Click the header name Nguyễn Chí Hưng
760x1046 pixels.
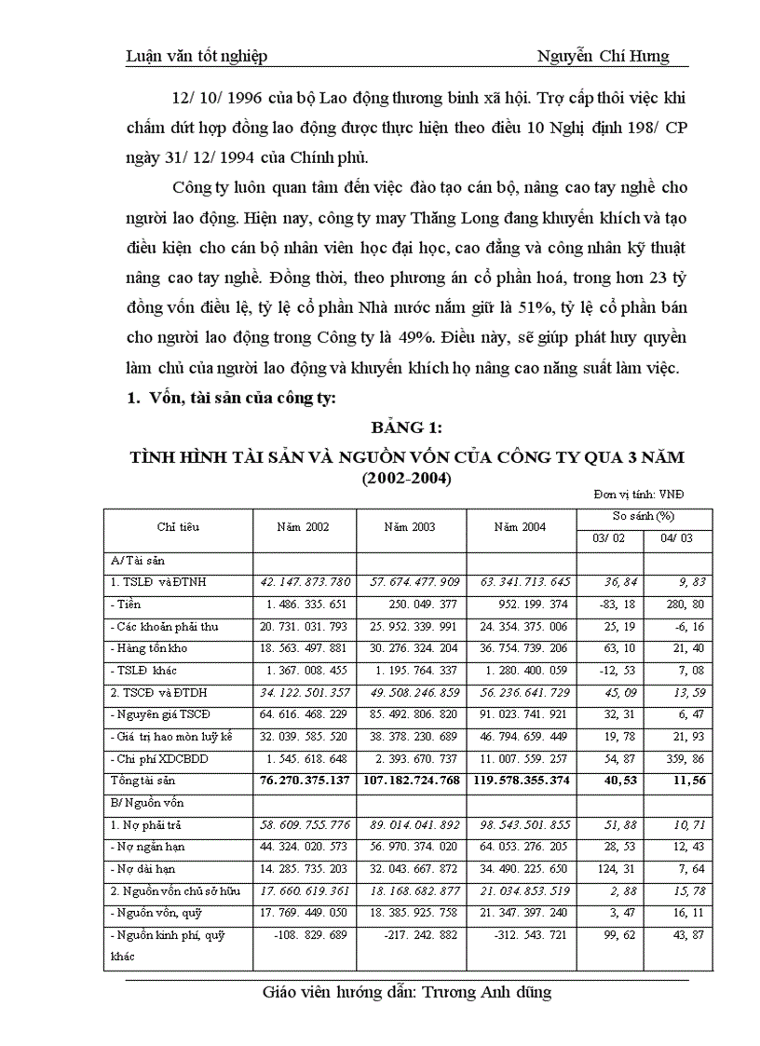click(x=603, y=57)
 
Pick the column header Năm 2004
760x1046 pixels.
click(x=520, y=527)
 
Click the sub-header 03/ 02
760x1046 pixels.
click(x=609, y=537)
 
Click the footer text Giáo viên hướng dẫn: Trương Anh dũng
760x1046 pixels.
click(x=407, y=993)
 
